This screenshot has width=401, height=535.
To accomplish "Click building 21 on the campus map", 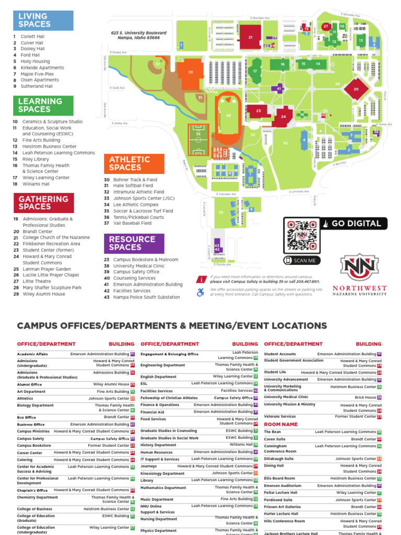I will (x=251, y=38).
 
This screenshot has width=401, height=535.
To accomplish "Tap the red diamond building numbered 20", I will (x=356, y=89).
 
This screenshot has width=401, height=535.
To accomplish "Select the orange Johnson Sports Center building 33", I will (x=191, y=73).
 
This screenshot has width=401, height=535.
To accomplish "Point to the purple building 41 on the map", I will (x=279, y=89).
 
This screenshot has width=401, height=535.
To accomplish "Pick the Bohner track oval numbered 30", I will (x=228, y=116).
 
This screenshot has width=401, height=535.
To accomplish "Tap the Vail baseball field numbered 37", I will (x=158, y=65).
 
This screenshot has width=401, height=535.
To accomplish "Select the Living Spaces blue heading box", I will (x=43, y=20).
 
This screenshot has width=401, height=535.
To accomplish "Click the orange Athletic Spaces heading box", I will (x=134, y=164).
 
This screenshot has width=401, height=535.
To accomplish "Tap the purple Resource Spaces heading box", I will (x=134, y=243).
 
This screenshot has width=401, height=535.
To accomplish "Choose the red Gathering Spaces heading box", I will (x=43, y=203).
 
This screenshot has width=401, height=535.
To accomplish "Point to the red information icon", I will (x=200, y=279).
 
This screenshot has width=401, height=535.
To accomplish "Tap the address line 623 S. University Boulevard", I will (x=138, y=33).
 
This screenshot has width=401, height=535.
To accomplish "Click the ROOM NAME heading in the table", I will (x=280, y=425).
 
